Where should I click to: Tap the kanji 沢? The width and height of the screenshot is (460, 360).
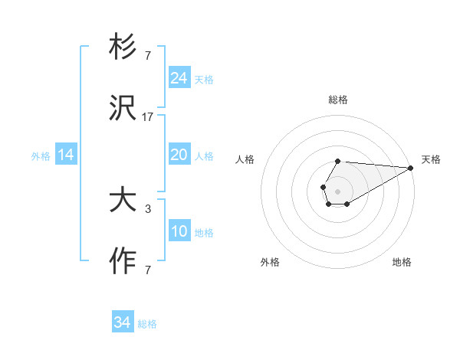[123, 110]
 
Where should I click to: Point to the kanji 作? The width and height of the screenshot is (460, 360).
[123, 262]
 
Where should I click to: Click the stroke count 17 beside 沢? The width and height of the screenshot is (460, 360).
[147, 117]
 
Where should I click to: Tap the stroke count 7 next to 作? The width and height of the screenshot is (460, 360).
[147, 270]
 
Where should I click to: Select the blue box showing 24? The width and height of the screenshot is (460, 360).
[179, 78]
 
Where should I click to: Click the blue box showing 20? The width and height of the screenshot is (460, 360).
[179, 155]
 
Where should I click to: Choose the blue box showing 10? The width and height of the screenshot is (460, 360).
[179, 231]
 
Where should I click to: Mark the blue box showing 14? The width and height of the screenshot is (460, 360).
[66, 155]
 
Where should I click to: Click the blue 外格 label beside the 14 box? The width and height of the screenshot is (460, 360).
[41, 155]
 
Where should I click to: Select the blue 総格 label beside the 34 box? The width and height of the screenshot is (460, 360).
[147, 324]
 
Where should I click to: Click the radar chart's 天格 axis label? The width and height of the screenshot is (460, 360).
[431, 159]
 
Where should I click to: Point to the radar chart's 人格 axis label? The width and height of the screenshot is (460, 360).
[245, 159]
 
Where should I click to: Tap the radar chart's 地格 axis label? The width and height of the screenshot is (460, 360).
[402, 262]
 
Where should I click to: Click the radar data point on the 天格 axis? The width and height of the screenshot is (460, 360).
[412, 168]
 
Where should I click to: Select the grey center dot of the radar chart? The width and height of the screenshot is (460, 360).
[337, 190]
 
